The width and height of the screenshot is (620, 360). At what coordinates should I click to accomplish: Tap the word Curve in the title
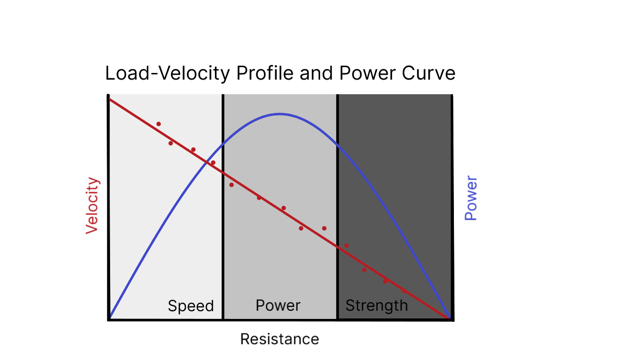(429, 74)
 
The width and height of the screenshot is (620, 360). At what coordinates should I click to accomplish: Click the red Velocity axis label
(92, 206)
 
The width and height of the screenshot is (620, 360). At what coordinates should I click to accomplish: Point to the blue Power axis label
(471, 199)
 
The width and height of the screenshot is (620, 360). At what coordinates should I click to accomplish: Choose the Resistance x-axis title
(280, 339)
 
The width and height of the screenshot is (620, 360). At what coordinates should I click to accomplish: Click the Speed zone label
(191, 306)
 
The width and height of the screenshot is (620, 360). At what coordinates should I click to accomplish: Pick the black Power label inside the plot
(278, 306)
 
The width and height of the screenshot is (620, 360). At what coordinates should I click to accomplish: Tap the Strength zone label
(377, 306)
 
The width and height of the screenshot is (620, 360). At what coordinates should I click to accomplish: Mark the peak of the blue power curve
(280, 114)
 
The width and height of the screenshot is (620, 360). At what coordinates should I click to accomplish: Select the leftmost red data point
(158, 124)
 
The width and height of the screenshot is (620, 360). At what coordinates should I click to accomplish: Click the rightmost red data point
(405, 291)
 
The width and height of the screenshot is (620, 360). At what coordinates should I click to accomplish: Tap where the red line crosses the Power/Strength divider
(338, 247)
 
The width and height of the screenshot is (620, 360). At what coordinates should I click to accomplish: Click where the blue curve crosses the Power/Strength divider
(338, 144)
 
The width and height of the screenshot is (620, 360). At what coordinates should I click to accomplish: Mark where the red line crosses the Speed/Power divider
(223, 172)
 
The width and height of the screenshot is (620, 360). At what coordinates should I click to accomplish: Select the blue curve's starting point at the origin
(110, 317)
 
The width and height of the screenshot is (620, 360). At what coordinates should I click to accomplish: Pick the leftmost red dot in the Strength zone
(346, 245)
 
